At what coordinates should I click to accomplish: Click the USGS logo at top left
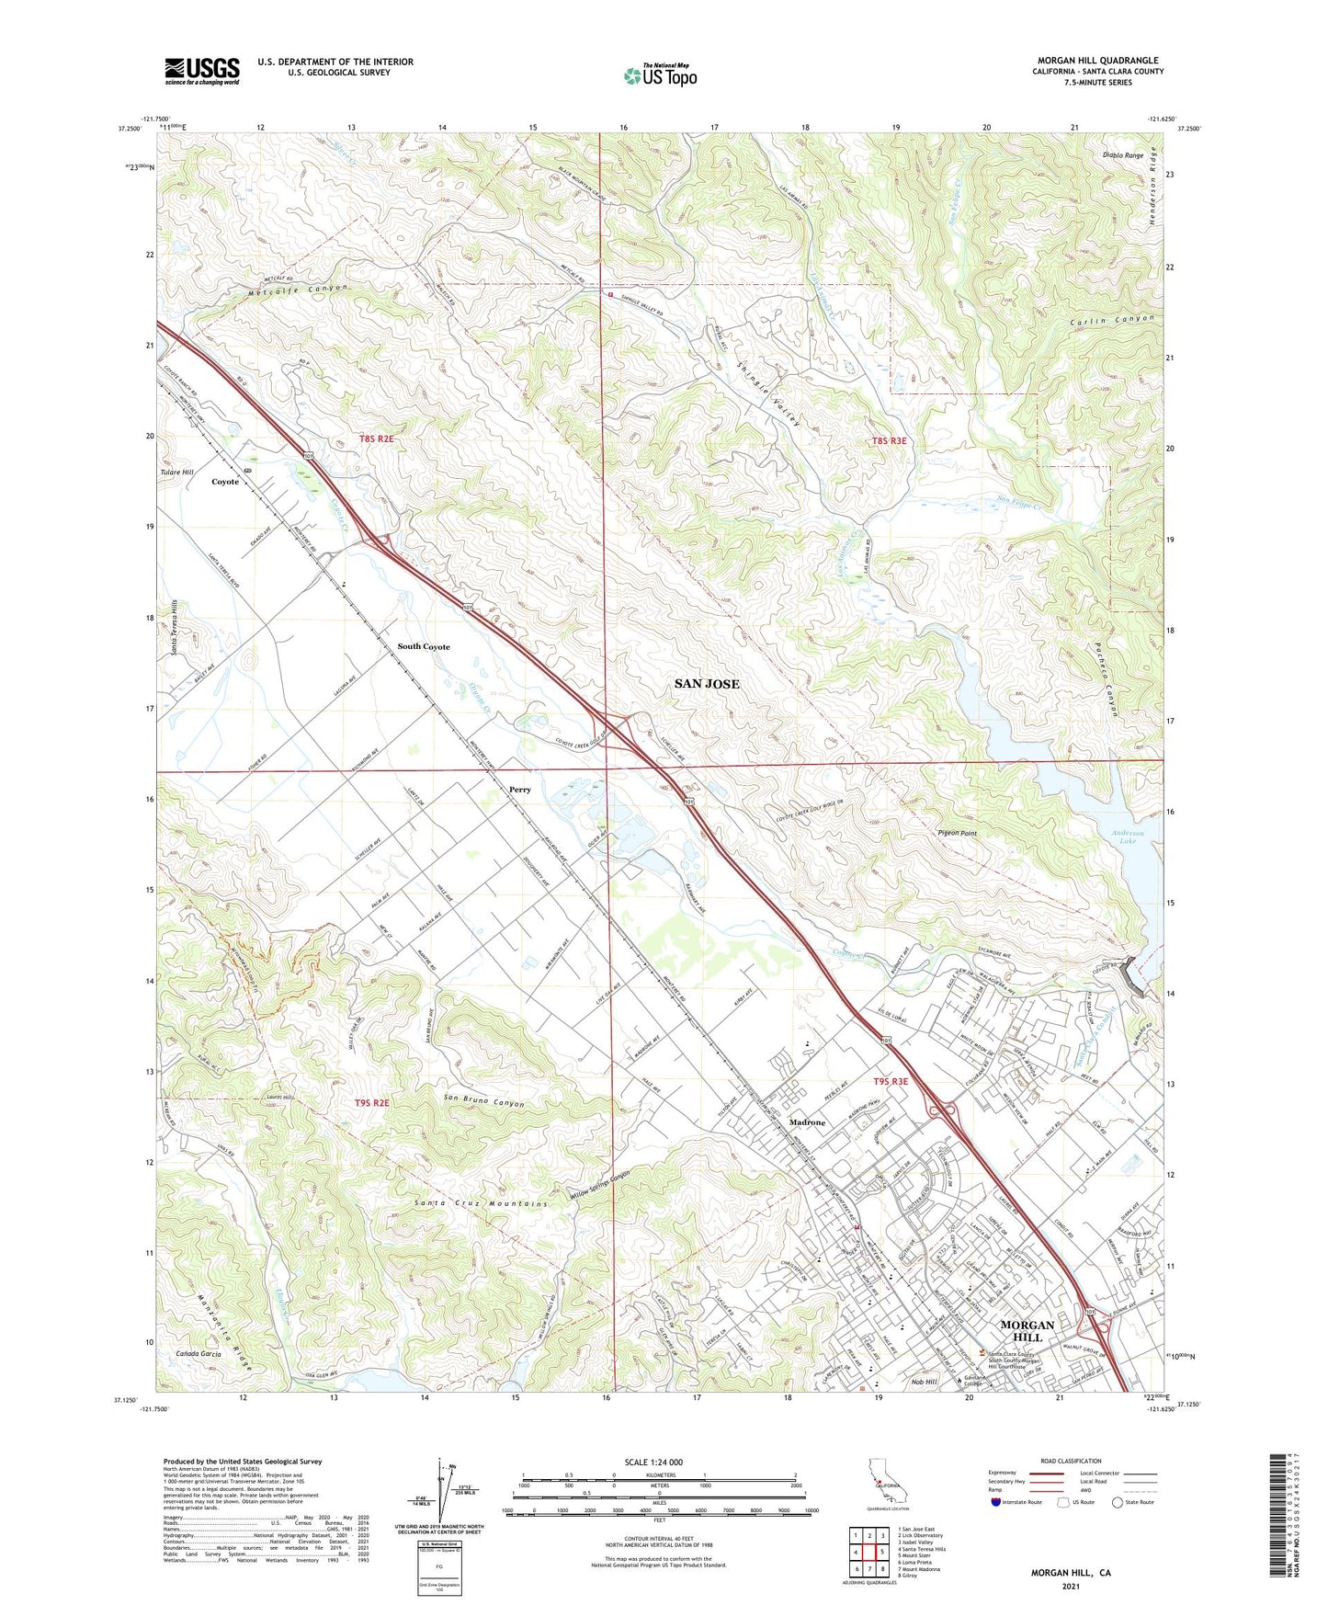pyautogui.click(x=202, y=70)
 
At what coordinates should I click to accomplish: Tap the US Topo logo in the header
pyautogui.click(x=660, y=75)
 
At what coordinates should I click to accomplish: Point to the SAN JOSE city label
pyautogui.click(x=707, y=684)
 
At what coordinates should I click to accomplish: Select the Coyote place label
pyautogui.click(x=225, y=482)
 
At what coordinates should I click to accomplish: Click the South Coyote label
pyautogui.click(x=424, y=646)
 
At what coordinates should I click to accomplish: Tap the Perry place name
pyautogui.click(x=520, y=790)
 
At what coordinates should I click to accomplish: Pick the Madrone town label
pyautogui.click(x=808, y=1122)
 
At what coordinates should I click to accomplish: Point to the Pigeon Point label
pyautogui.click(x=957, y=833)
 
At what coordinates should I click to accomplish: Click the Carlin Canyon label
pyautogui.click(x=1111, y=321)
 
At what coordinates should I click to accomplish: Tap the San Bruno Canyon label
pyautogui.click(x=484, y=1101)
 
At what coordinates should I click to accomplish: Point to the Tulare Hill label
pyautogui.click(x=177, y=472)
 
